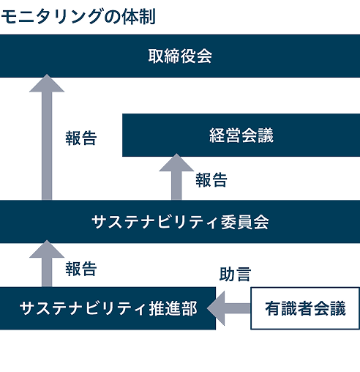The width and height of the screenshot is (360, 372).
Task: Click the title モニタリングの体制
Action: coord(78,17)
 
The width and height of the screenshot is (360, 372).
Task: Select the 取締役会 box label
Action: coord(180,56)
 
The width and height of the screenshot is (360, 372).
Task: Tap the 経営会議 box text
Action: coord(241,135)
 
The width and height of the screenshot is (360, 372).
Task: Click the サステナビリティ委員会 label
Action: coord(180,222)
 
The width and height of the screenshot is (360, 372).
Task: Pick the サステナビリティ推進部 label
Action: coord(108,308)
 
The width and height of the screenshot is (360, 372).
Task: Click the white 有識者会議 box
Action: coord(305,308)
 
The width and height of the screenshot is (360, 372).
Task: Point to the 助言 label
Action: coord(235,274)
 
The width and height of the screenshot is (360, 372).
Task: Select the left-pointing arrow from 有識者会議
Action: coord(228,308)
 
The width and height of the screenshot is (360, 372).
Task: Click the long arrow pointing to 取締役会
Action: coord(47,137)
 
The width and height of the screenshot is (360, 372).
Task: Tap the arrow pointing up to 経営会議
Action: coord(176,176)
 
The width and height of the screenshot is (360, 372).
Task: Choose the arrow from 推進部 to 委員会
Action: coord(47,264)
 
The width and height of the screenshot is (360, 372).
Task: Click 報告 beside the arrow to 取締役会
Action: coord(81,138)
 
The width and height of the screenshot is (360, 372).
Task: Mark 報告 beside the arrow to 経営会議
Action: coord(211,180)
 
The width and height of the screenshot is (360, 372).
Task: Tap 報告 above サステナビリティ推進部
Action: coord(81,269)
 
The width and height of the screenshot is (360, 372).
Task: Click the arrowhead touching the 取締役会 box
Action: coord(47,83)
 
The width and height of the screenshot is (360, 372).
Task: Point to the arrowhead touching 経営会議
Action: coord(176,163)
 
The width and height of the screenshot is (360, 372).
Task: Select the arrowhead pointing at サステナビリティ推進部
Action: coord(216,308)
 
